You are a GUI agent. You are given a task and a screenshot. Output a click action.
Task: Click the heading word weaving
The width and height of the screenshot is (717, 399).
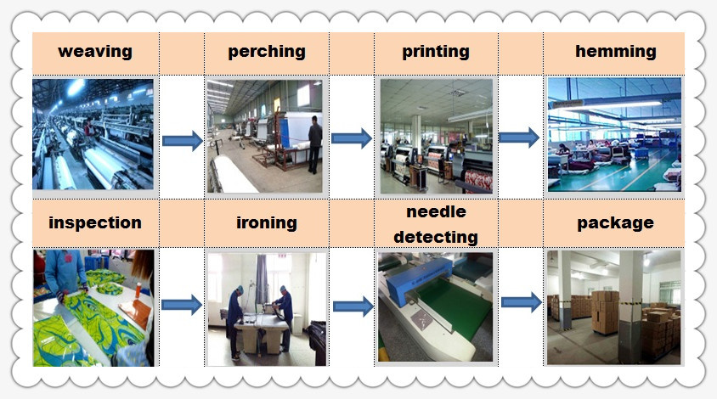click(x=95, y=51)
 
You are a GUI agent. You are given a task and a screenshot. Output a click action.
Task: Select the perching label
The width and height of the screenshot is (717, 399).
click(x=267, y=52)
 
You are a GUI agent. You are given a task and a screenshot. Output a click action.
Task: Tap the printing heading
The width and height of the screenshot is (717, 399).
click(x=436, y=52)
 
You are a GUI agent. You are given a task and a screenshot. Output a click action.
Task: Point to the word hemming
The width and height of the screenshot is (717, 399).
click(x=616, y=52)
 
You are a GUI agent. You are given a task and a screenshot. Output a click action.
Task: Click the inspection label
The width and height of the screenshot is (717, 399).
click(x=95, y=223)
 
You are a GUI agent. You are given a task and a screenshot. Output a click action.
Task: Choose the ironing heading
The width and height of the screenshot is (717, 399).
click(x=267, y=223)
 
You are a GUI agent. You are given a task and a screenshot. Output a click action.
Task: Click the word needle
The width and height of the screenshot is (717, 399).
click(x=437, y=211)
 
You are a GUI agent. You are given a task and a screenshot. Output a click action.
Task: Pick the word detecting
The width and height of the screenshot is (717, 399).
click(x=436, y=237)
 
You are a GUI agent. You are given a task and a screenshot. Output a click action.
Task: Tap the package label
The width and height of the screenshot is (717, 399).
click(x=616, y=223)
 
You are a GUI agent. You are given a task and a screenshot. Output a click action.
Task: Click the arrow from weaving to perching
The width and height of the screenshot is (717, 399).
click(x=182, y=140)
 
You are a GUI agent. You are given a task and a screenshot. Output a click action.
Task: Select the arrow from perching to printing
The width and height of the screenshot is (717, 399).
click(x=351, y=138)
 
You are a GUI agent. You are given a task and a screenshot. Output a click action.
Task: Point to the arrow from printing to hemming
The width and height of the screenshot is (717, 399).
click(x=519, y=138)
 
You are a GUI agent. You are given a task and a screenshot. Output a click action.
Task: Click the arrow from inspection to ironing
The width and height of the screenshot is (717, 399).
click(x=182, y=305)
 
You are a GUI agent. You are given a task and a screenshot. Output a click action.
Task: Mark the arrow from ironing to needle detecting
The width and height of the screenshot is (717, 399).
click(x=353, y=306)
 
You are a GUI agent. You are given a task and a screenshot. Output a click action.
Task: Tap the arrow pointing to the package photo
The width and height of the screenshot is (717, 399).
click(x=522, y=302)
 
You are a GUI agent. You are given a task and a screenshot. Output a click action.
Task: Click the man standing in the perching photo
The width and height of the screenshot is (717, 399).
click(x=314, y=144)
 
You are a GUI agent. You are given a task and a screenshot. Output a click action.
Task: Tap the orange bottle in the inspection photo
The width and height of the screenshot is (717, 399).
click(x=138, y=290)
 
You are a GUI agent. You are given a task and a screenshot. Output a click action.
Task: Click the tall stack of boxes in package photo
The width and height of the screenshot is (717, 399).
click(x=606, y=312)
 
